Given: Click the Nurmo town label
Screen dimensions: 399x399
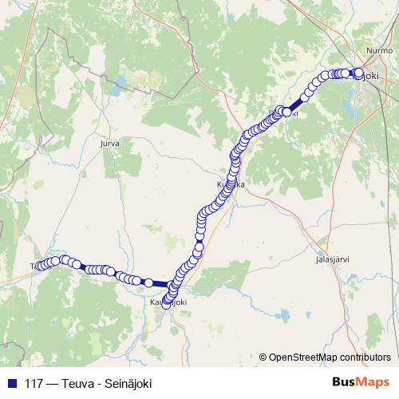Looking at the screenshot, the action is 375,49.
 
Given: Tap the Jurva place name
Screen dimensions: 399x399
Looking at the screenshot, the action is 109,144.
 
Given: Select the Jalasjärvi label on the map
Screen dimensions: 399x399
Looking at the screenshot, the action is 333,259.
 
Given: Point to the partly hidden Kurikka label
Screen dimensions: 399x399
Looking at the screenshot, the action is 230,184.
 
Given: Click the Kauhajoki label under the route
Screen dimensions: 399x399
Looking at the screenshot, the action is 168,302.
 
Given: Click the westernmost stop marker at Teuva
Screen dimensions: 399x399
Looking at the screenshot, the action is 37,266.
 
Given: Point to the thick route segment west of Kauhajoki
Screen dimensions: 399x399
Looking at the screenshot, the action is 160,283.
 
